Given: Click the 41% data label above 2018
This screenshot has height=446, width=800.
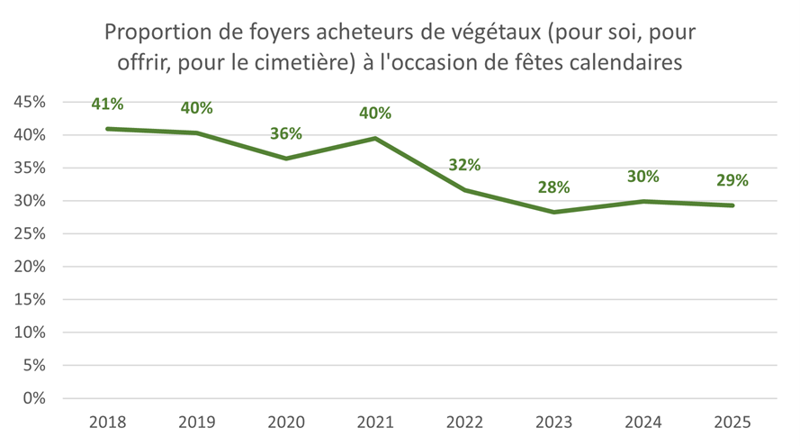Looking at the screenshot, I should (x=107, y=104).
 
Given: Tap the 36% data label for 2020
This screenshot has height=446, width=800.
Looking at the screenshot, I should (x=286, y=133).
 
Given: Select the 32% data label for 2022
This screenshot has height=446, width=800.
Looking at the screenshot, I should (x=464, y=165).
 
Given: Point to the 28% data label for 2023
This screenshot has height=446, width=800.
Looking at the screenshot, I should (x=553, y=187).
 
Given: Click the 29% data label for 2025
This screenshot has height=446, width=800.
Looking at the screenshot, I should (x=733, y=180).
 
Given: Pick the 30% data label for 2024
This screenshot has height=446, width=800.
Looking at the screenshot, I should (x=643, y=177).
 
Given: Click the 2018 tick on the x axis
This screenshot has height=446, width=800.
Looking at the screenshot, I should (x=107, y=422).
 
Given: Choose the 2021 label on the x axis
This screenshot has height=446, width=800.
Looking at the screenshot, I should (x=375, y=422).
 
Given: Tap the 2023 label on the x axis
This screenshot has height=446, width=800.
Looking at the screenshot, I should (x=553, y=422).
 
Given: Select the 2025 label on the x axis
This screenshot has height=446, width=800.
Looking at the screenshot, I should (x=733, y=422).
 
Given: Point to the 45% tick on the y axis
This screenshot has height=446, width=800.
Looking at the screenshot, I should (x=31, y=103).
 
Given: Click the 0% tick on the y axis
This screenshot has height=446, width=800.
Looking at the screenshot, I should (x=35, y=398).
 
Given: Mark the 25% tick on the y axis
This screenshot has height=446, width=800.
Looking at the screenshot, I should (x=31, y=234).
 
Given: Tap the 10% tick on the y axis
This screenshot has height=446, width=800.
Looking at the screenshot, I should (x=31, y=332).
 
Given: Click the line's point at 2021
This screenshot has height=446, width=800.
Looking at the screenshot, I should (x=375, y=138).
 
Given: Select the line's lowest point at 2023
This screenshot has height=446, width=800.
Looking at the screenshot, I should (x=553, y=212).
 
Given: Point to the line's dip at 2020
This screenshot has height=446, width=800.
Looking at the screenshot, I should (x=286, y=159).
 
